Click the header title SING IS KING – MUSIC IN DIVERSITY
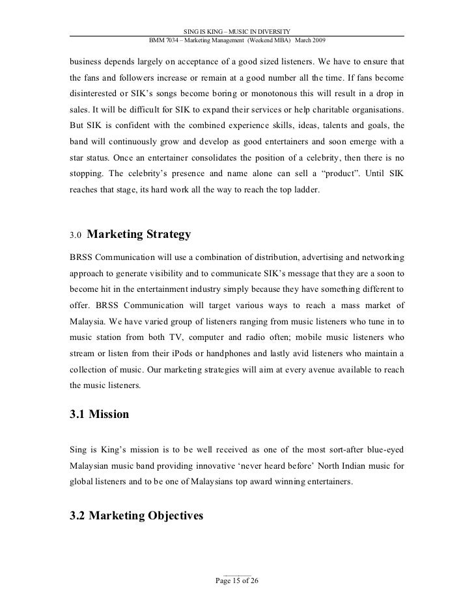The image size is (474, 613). (x=237, y=31)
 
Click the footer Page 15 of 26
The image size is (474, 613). (x=237, y=580)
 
